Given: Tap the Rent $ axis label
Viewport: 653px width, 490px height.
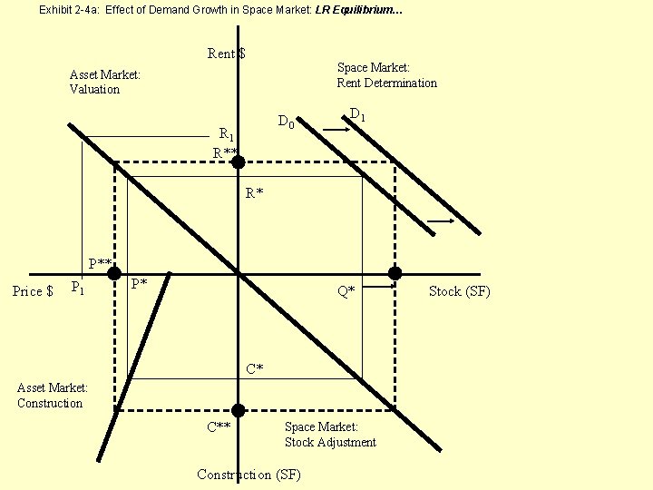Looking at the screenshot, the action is pos(227,54).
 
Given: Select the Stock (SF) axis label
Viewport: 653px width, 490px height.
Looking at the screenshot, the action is pos(459,291).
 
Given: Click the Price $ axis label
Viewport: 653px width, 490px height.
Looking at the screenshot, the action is pos(33,291).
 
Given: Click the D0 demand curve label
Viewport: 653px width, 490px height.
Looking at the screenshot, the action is pos(286,122).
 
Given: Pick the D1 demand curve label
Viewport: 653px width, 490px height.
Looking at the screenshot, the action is pos(357,115).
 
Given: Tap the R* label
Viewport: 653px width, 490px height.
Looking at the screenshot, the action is pos(254,193).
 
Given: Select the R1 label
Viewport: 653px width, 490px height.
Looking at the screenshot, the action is pos(227,134).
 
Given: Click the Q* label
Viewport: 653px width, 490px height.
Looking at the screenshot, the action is pos(346,291).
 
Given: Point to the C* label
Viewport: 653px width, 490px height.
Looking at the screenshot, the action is pos(255,368).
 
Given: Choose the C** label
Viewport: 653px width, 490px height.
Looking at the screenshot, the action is pos(219,426).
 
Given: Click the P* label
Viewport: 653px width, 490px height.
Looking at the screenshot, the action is pos(139,283).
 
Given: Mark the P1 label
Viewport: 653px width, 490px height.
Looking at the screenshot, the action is pos(78,289).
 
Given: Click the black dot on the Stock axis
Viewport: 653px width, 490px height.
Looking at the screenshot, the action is pos(395,273).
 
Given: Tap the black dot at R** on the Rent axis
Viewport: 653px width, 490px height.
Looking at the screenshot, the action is pos(238,162).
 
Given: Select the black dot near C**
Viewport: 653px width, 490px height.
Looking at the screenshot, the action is pos(238,410).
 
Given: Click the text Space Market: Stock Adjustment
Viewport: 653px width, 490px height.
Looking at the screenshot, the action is pos(330,435).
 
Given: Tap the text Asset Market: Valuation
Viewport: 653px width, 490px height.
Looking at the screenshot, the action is pos(105,82).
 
